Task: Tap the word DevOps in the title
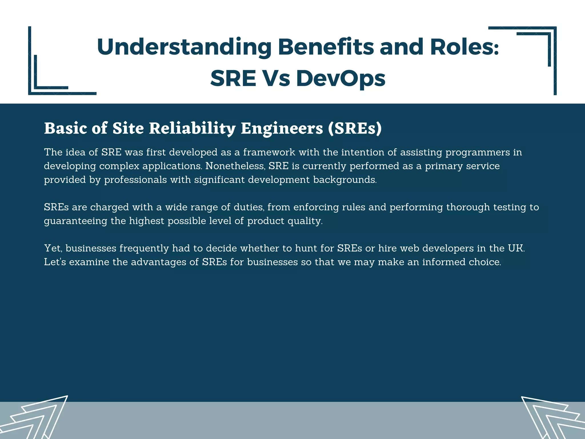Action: [x=340, y=79]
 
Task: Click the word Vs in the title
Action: [x=276, y=79]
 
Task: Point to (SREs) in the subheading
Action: [x=354, y=128]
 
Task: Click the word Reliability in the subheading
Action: [x=192, y=128]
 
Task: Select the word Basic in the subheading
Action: [x=65, y=128]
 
